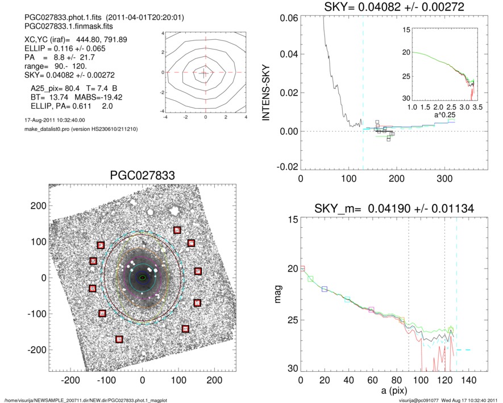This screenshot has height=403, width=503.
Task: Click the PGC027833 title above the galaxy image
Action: tap(142, 175)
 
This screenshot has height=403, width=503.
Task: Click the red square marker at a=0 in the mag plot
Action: tap(302, 268)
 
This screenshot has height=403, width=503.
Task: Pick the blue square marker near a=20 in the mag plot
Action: tap(325, 289)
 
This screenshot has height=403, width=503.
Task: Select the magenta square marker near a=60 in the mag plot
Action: tap(371, 310)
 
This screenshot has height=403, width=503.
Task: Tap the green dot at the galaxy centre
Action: tap(142, 278)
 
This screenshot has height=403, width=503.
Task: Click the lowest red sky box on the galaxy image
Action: tap(119, 339)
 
